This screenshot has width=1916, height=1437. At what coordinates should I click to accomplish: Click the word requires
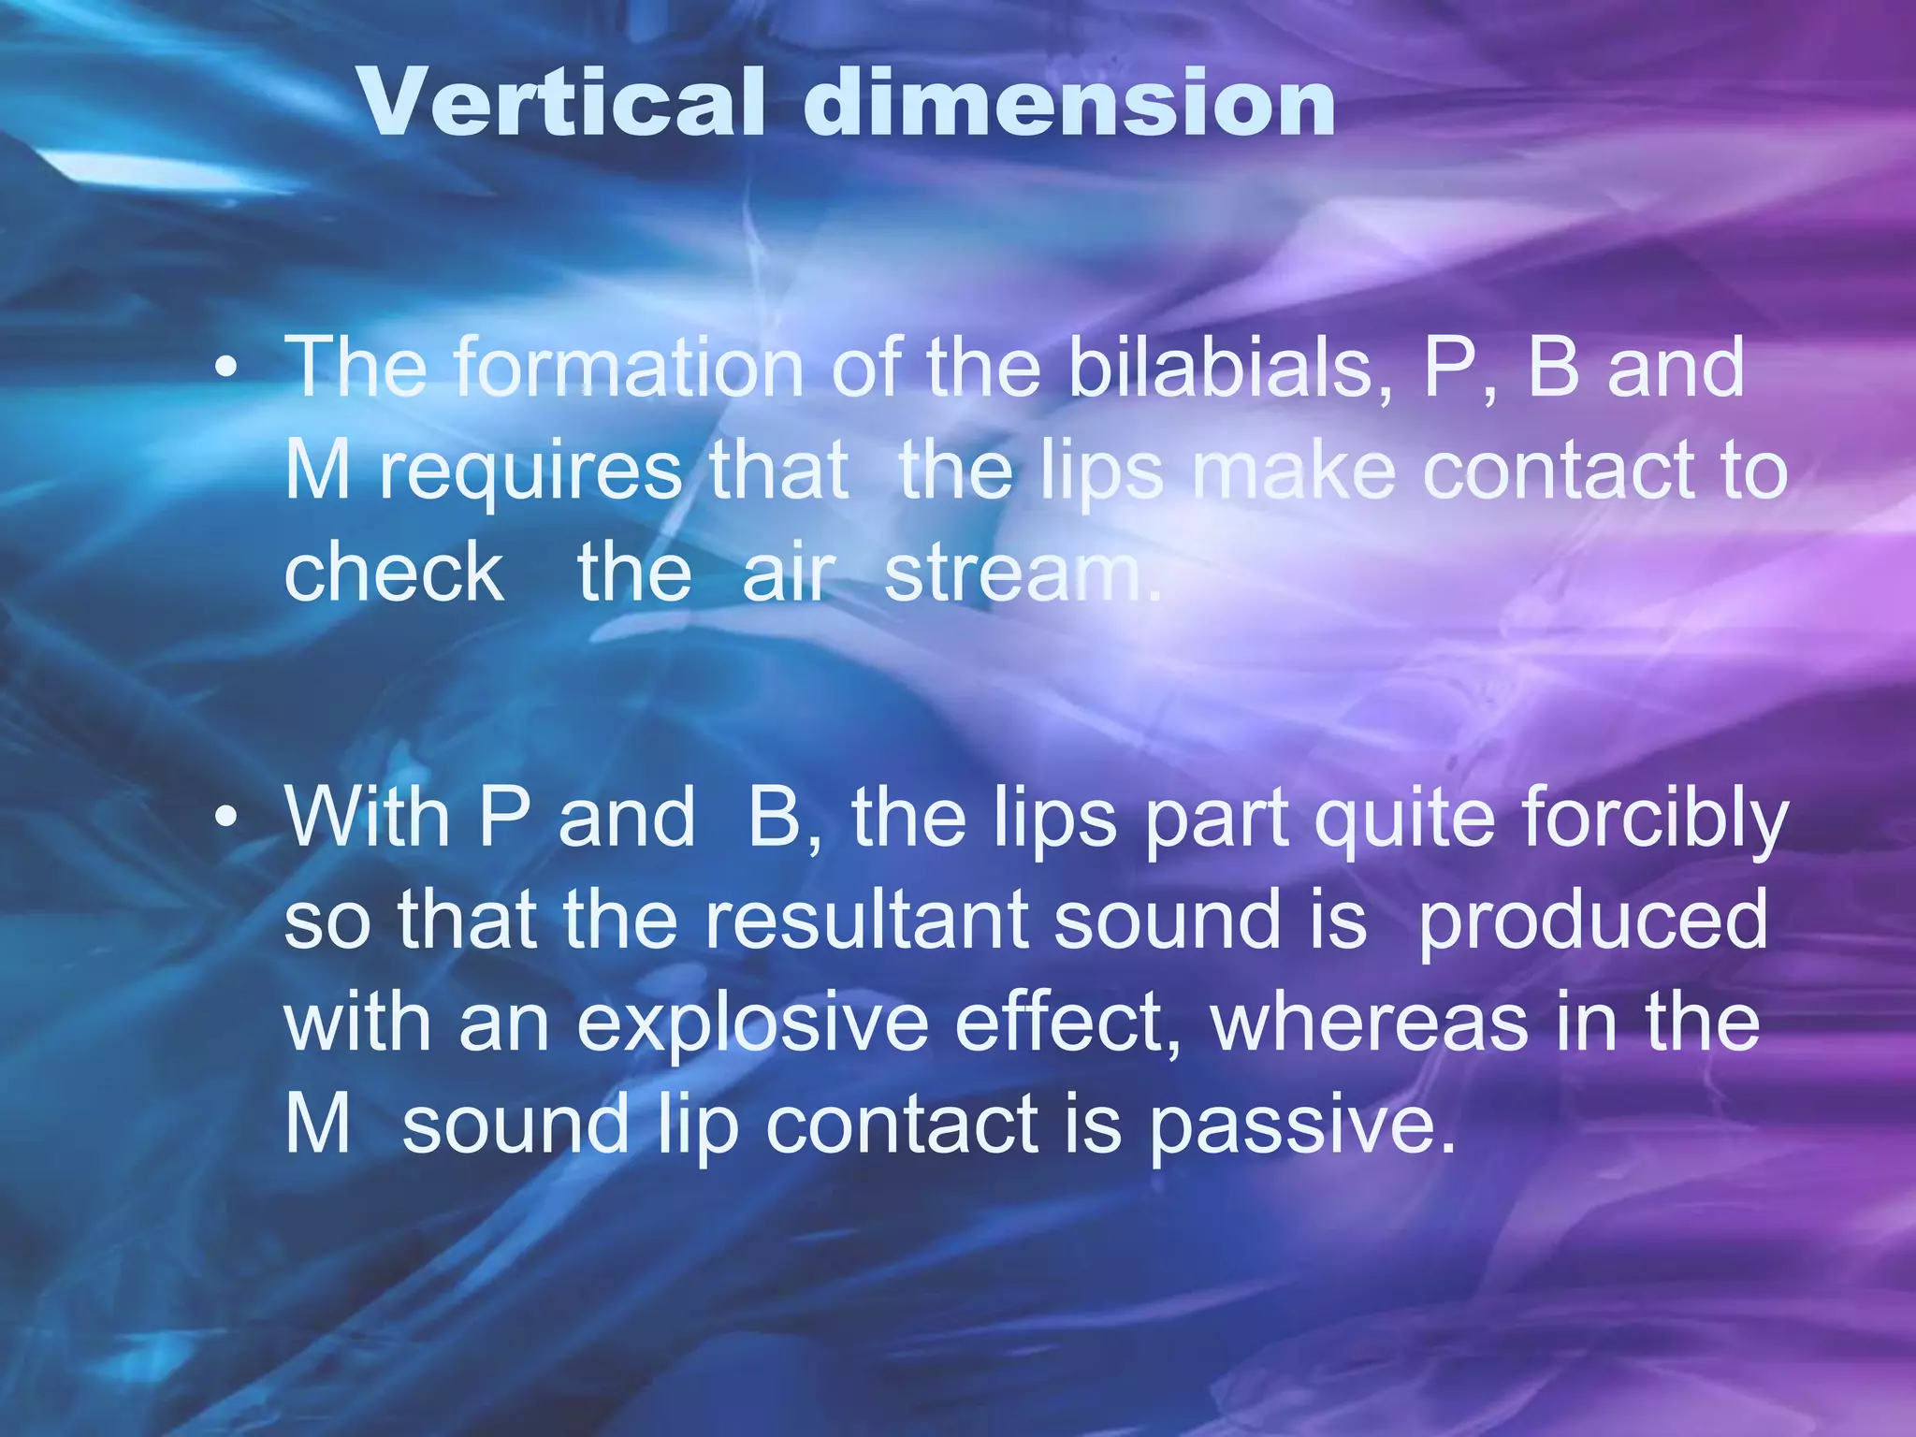pos(530,472)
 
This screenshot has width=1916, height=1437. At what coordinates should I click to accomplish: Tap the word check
pos(394,573)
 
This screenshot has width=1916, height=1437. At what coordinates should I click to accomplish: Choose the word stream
pos(1023,573)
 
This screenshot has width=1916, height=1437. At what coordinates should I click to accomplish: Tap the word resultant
pos(866,921)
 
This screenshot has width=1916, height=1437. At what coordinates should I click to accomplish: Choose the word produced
pos(1593,921)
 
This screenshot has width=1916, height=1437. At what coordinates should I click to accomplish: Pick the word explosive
pos(752,1023)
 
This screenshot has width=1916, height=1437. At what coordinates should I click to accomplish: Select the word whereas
pos(1370,1022)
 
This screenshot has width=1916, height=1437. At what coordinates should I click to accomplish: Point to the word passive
pos(1301,1125)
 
